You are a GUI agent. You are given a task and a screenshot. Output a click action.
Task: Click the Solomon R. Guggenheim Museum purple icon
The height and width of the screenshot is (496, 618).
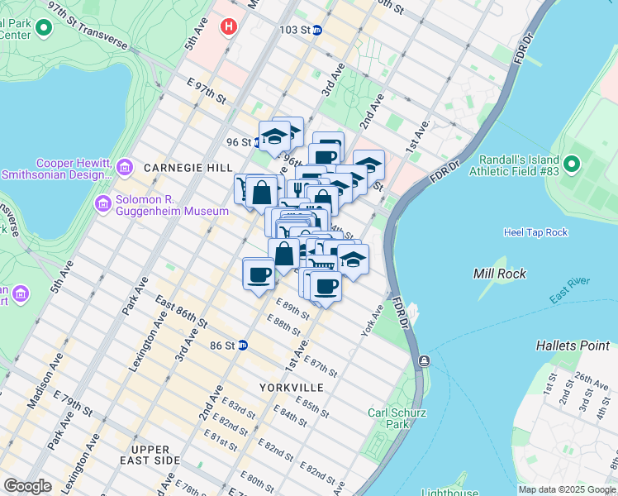pos(103,203)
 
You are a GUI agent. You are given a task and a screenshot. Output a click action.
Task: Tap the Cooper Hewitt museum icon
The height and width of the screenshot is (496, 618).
pos(125,168)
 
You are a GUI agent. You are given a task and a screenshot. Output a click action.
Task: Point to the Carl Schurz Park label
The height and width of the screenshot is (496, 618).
pos(389,418)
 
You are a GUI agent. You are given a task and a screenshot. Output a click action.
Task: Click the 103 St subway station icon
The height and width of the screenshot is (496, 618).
pos(317,30)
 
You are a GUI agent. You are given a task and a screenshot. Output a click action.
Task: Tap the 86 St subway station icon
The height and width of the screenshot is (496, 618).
pos(243,345)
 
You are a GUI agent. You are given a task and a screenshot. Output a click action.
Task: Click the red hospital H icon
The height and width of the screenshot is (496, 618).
pos(227,26)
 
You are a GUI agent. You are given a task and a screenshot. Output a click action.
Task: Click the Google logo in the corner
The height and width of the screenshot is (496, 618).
pos(28,486)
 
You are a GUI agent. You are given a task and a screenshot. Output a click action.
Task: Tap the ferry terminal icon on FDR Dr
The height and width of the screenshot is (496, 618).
pos(424,360)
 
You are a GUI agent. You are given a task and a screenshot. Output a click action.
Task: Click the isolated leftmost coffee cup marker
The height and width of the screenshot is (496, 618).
pos(259,273)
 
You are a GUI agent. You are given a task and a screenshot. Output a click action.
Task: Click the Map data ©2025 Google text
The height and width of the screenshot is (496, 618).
pos(566,489)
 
